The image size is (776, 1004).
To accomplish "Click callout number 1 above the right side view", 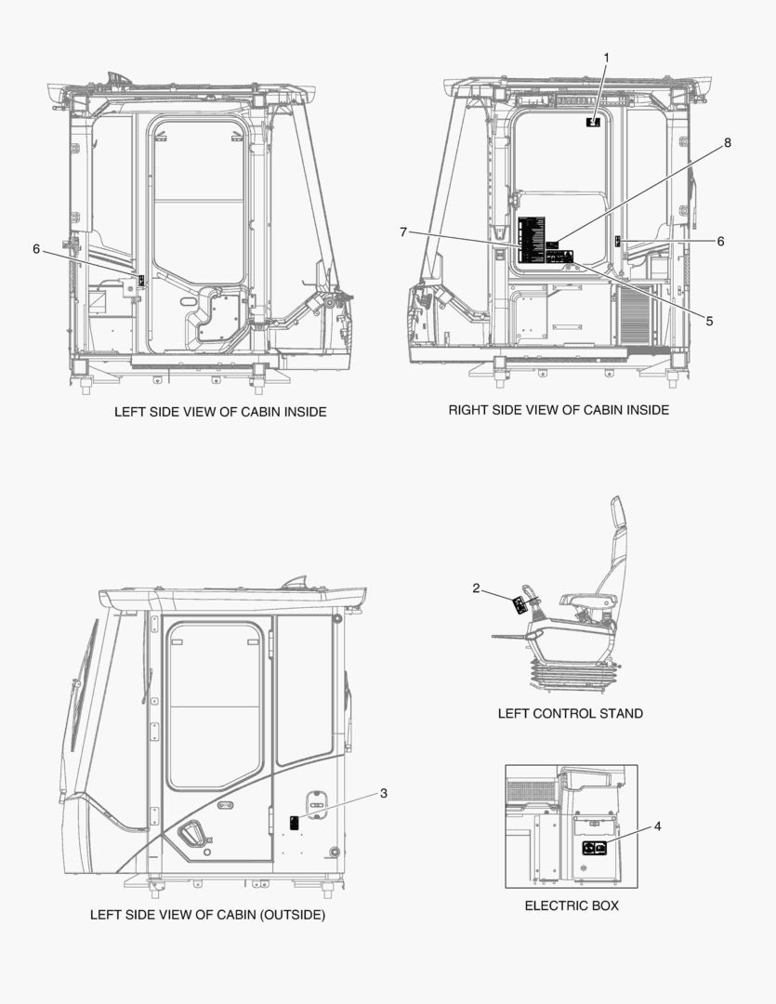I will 606,58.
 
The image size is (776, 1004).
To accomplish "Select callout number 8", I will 728,143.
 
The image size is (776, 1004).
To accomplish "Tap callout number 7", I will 403,231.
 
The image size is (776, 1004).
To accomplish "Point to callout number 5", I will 709,321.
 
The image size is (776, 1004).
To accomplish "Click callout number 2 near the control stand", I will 476,588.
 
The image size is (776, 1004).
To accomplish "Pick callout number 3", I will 383,793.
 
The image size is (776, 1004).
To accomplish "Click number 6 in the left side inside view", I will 36,248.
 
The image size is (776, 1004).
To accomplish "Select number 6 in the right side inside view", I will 720,241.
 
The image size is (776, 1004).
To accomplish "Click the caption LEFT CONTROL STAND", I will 570,714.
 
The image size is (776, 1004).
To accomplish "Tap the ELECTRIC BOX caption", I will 572,905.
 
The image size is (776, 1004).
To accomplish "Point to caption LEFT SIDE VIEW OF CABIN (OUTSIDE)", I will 207,915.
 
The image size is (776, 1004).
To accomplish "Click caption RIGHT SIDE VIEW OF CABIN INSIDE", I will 559,410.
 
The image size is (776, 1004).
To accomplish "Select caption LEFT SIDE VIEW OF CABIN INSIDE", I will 220,411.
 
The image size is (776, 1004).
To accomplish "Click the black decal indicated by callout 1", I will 593,122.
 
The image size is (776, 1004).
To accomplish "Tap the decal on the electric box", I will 594,847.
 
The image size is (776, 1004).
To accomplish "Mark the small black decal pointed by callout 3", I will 295,822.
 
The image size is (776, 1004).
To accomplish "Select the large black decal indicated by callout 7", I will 528,241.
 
